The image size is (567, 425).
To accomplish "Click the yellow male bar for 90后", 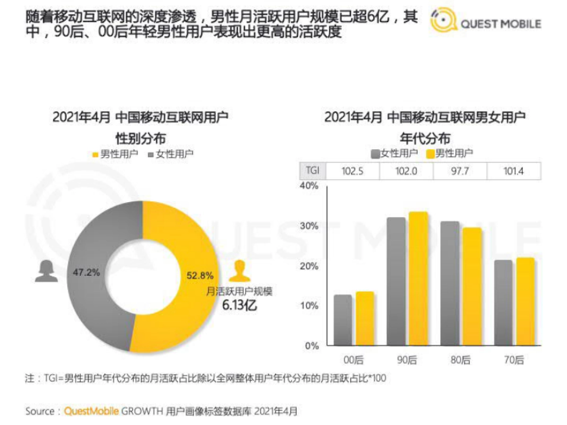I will point(418,279).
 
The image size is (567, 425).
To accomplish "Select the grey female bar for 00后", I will point(343,320).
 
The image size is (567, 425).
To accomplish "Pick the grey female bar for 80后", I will point(449,283).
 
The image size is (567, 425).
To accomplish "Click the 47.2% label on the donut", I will point(86,273).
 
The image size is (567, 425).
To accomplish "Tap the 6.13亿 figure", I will point(240,305).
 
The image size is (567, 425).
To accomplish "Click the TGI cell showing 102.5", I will point(352,171).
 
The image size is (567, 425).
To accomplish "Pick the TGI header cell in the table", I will point(312,171).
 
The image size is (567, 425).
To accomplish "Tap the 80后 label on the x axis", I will point(461,360).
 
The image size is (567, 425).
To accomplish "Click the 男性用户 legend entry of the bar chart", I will point(449,153).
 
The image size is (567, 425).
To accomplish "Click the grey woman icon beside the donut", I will point(46,272).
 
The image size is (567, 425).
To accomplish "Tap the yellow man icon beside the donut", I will point(240,272).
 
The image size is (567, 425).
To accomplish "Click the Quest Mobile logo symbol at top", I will point(443,22).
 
